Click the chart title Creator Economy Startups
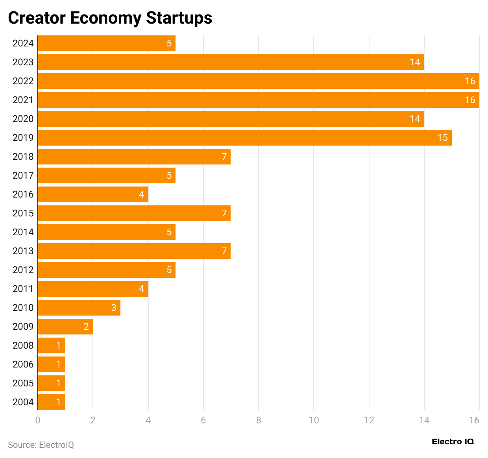(x=110, y=18)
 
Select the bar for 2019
(x=244, y=138)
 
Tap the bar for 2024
(x=106, y=43)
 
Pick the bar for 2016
(x=92, y=194)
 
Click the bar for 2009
(x=65, y=327)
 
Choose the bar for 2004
(x=51, y=402)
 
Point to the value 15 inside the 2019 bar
(x=442, y=138)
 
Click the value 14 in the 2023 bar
(x=415, y=62)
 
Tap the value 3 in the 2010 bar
(x=114, y=308)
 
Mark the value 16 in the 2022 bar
(x=470, y=81)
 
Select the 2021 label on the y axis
(x=23, y=100)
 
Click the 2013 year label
(x=23, y=251)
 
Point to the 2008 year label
(x=23, y=345)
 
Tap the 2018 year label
(x=23, y=157)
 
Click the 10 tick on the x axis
(x=314, y=420)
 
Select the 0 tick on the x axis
(x=38, y=420)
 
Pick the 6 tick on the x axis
(x=203, y=420)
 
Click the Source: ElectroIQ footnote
(x=41, y=445)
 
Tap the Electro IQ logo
(x=453, y=441)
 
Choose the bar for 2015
(x=134, y=213)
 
